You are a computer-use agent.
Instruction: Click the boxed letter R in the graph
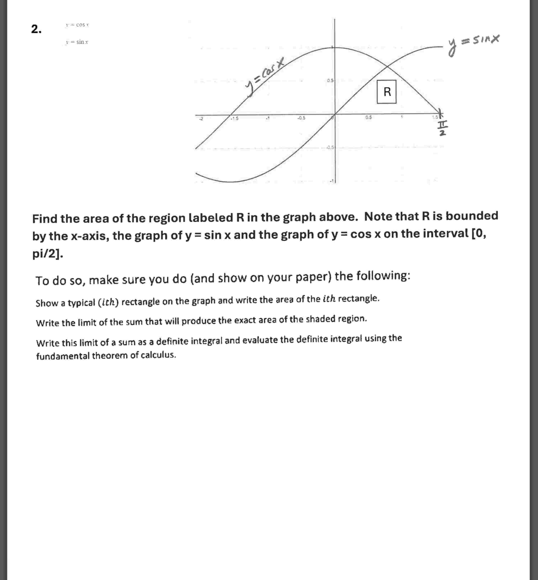(387, 92)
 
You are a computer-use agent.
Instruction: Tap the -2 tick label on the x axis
(201, 119)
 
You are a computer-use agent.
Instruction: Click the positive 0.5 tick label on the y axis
(330, 80)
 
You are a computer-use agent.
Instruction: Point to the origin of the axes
(335, 114)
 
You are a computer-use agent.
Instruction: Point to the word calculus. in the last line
(158, 355)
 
